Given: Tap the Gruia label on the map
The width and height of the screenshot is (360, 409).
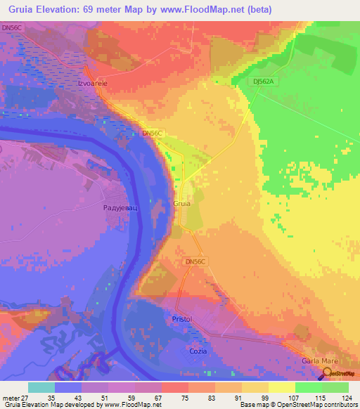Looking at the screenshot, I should tap(181, 204).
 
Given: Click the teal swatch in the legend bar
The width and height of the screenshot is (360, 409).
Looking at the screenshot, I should tap(41, 387).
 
